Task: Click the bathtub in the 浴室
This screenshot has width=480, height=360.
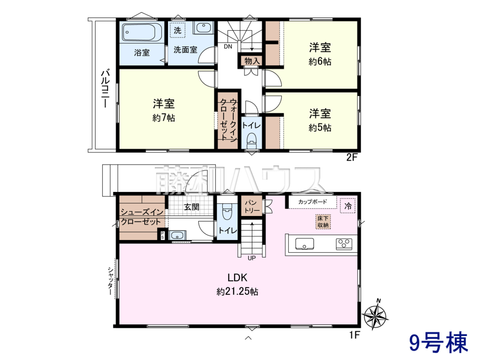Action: (142, 32)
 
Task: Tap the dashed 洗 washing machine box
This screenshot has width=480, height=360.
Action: (178, 30)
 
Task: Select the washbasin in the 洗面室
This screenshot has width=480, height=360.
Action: (203, 28)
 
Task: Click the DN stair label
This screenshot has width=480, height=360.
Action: (228, 46)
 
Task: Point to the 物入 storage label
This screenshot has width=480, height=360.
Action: (252, 61)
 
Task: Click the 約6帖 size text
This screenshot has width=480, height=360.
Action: (320, 62)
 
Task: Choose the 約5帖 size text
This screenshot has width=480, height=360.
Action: (320, 128)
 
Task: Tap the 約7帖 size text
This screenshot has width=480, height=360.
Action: (164, 118)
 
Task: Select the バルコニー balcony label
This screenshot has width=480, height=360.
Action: (105, 88)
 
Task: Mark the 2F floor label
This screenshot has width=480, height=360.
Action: (352, 157)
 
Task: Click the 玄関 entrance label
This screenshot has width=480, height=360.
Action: (192, 207)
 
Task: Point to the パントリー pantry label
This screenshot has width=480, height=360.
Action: (252, 206)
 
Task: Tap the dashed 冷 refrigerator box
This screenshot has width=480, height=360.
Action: (348, 206)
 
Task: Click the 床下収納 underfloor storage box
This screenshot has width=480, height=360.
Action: (323, 222)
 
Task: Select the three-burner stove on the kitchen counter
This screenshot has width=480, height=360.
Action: (344, 244)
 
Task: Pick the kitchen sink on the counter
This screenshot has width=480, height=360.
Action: (305, 244)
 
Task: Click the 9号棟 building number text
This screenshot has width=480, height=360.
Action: (438, 343)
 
